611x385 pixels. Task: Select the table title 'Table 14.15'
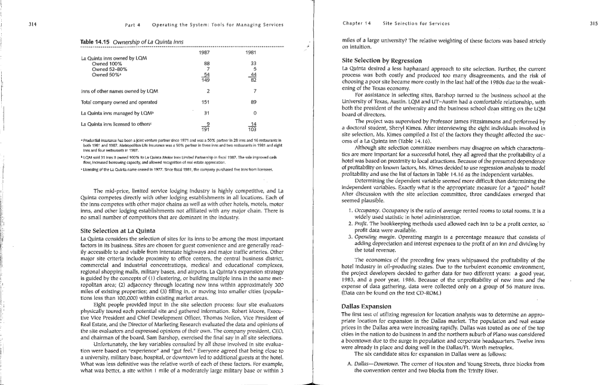[93, 41]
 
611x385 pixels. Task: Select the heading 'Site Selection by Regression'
[375, 61]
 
